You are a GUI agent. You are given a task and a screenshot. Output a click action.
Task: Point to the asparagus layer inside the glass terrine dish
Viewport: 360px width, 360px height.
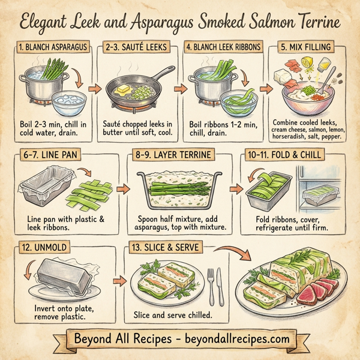(180, 188)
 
